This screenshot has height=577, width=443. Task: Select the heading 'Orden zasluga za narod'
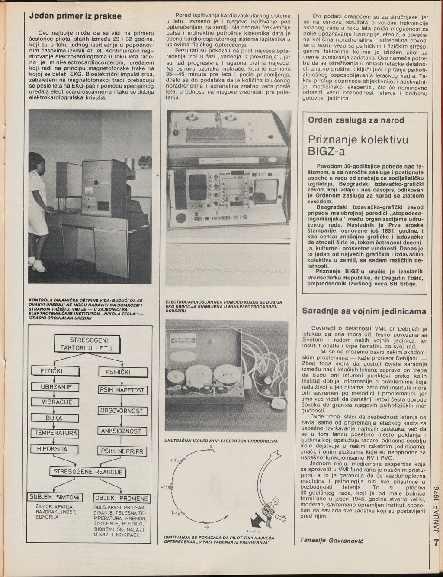coord(356,120)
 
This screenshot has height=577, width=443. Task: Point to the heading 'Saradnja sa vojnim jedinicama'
coord(364,311)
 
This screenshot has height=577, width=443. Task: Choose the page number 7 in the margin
coord(436,542)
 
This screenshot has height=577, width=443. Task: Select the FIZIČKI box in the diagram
coord(52,371)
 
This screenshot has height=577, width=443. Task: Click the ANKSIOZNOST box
coord(121,431)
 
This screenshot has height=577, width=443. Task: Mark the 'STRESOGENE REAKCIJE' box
coord(88,472)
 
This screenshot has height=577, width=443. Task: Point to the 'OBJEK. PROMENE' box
coord(122,498)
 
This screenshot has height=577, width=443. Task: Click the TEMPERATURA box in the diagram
coord(56,433)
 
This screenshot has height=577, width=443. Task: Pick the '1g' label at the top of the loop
coord(210,446)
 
